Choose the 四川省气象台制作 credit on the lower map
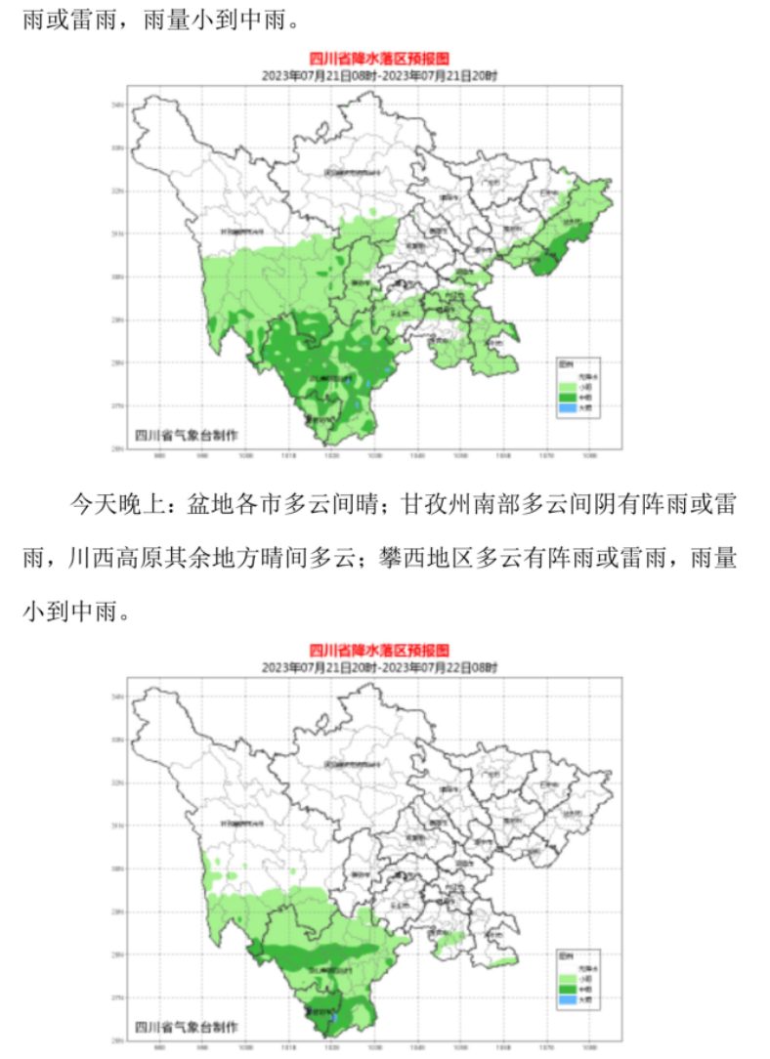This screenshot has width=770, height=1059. (186, 1026)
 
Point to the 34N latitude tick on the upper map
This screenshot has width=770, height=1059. (117, 105)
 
